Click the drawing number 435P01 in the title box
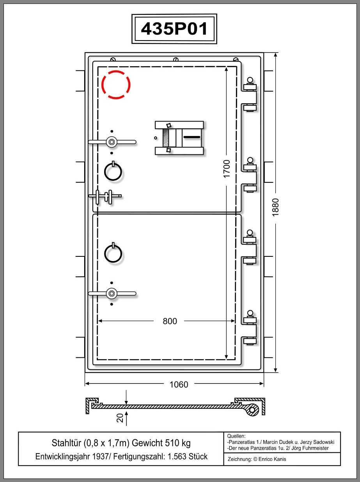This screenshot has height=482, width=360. [174, 29]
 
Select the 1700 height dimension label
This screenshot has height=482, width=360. [226, 169]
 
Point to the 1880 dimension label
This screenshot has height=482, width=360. [275, 208]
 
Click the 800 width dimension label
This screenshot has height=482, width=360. [170, 321]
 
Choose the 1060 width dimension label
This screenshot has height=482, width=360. [179, 385]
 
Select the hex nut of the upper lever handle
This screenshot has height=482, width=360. [112, 142]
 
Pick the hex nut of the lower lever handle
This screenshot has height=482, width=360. [112, 293]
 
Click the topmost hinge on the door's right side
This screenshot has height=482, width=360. [250, 95]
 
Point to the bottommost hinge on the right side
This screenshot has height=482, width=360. [250, 328]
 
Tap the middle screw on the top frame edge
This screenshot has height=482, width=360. [176, 59]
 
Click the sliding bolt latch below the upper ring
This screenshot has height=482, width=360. [105, 196]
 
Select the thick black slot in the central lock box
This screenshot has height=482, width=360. [192, 137]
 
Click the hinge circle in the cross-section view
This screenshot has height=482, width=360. [252, 410]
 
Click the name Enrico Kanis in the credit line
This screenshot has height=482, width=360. [272, 459]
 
